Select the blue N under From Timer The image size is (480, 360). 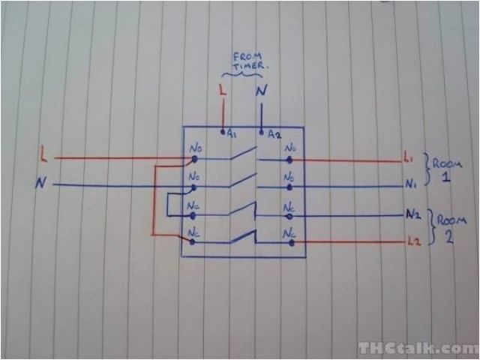pos(261,91)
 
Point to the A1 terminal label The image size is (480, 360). pos(232,134)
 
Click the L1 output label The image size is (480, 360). pos(409,159)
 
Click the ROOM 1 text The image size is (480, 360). pos(446,169)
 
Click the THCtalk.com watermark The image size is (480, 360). pos(417,348)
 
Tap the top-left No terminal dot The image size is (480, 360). pos(195,159)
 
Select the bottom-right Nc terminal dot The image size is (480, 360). pos(289,241)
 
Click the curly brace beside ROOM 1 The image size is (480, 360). pos(426,169)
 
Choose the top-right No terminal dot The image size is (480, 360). pos(289,159)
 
